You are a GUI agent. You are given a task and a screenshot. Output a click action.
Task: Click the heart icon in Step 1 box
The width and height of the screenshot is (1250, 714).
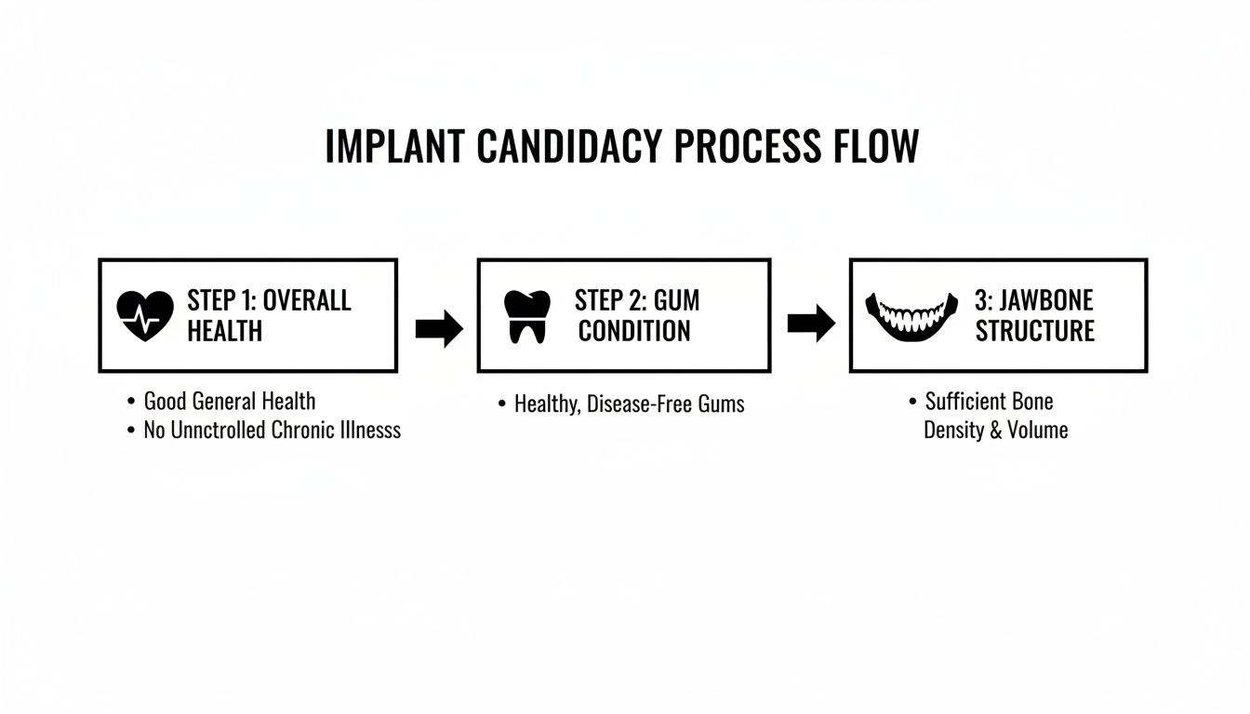(x=146, y=315)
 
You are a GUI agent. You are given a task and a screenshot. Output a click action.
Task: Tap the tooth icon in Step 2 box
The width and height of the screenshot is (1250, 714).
(x=526, y=316)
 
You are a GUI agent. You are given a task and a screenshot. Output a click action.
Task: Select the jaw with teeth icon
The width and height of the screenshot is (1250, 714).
(x=911, y=316)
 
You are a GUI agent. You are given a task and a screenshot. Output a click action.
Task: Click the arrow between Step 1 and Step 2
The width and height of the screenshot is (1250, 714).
(x=439, y=327)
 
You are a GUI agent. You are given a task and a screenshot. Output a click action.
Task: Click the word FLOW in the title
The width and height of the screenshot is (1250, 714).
(x=876, y=147)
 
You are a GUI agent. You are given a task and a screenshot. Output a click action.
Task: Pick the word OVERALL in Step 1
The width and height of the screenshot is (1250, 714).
(x=307, y=300)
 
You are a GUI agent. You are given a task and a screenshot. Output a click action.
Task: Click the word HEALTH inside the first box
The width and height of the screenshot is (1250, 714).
(x=225, y=331)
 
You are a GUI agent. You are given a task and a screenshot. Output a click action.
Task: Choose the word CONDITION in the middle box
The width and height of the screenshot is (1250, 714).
(x=634, y=331)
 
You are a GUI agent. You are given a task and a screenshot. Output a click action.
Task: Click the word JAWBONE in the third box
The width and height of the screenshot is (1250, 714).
(x=1046, y=300)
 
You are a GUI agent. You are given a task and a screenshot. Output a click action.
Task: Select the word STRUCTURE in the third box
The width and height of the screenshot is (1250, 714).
(x=1034, y=331)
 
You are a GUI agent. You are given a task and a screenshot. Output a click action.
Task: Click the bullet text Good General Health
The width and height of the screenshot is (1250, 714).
(x=229, y=402)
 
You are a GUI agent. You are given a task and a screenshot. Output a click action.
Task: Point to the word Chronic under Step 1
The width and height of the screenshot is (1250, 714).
(x=311, y=430)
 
